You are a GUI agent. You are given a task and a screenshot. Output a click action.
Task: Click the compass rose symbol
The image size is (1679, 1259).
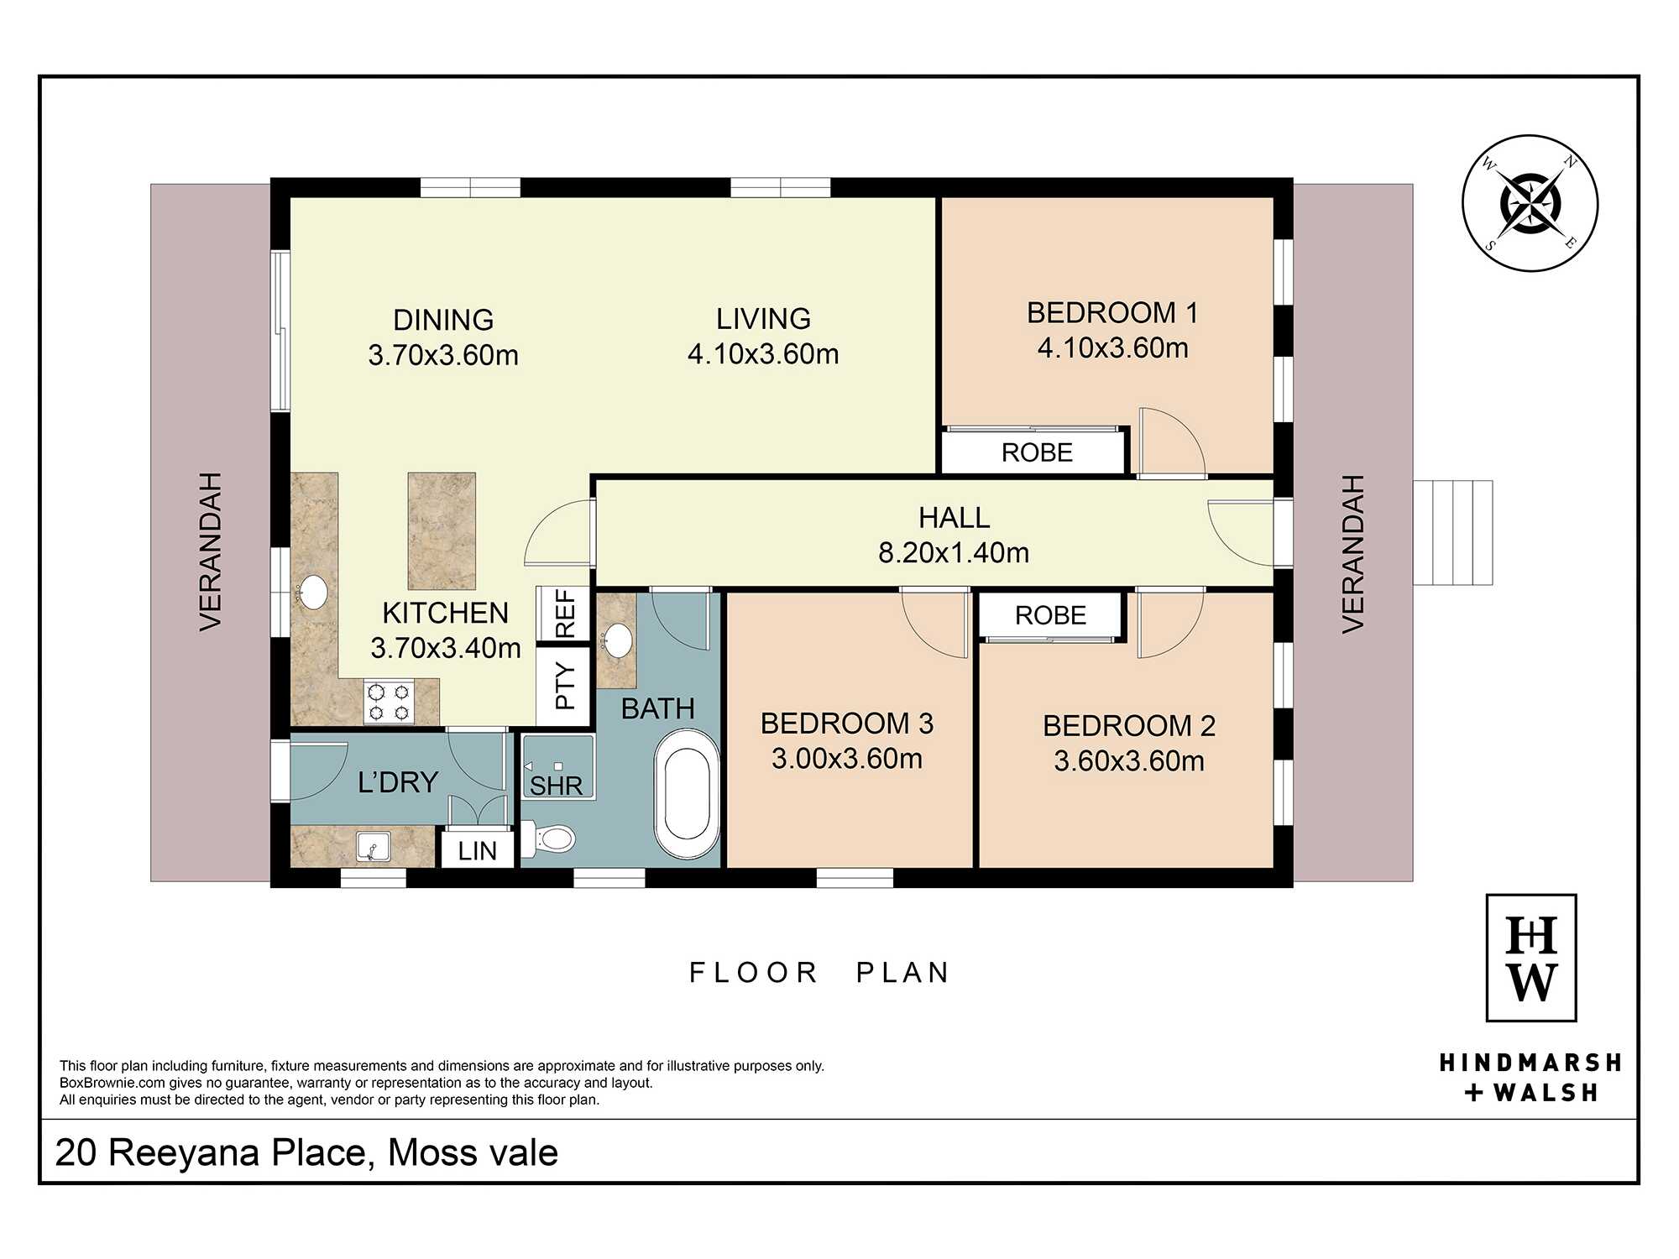(x=1530, y=204)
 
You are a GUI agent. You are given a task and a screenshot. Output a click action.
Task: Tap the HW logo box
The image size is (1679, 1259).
(x=1530, y=958)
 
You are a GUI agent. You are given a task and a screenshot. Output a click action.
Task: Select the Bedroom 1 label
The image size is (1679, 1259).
(x=1112, y=313)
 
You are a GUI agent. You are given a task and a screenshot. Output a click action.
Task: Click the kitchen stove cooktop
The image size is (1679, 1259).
(x=390, y=703)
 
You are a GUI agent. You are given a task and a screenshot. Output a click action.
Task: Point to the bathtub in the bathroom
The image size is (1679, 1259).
(x=688, y=794)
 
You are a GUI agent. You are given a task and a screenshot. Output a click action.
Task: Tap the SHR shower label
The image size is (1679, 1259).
(x=556, y=786)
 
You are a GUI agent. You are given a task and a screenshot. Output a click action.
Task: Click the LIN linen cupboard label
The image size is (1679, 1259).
(x=478, y=851)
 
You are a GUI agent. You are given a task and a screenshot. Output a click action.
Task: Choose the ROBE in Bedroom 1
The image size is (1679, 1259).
(x=1037, y=452)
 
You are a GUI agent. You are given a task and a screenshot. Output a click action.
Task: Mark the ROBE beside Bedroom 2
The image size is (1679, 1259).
(x=1050, y=615)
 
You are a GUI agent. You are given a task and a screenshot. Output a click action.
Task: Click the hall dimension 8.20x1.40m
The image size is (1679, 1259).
(x=954, y=552)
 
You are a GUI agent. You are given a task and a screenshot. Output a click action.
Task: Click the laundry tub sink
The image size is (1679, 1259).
(x=373, y=846)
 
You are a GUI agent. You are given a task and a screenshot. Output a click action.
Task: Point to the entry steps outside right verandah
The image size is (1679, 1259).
(x=1452, y=532)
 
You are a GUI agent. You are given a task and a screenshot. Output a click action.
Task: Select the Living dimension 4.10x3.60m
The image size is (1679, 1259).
(x=763, y=354)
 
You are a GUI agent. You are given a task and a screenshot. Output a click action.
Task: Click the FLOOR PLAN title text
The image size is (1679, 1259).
(x=819, y=972)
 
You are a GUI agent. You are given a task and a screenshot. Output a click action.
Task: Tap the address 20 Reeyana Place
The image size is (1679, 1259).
(x=215, y=1152)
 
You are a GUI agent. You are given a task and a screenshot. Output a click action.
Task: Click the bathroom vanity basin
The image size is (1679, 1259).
(x=619, y=640)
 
